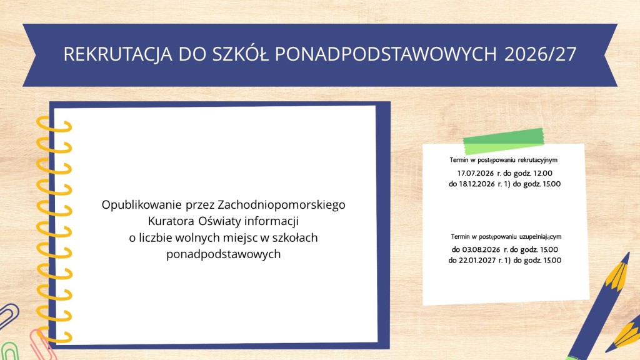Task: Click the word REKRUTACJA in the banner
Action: click(x=118, y=54)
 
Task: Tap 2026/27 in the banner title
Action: click(x=540, y=54)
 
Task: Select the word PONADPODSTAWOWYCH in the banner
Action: click(x=386, y=54)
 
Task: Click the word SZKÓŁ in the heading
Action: click(x=241, y=54)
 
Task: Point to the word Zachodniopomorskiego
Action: click(x=282, y=205)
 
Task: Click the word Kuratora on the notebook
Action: click(x=171, y=221)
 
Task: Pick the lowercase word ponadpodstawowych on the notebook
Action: click(x=223, y=254)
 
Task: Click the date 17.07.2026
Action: click(x=476, y=173)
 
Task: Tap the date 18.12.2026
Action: click(x=477, y=184)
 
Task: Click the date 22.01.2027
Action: click(x=477, y=260)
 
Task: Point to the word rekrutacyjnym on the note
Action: click(x=537, y=160)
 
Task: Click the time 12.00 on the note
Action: click(x=543, y=173)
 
